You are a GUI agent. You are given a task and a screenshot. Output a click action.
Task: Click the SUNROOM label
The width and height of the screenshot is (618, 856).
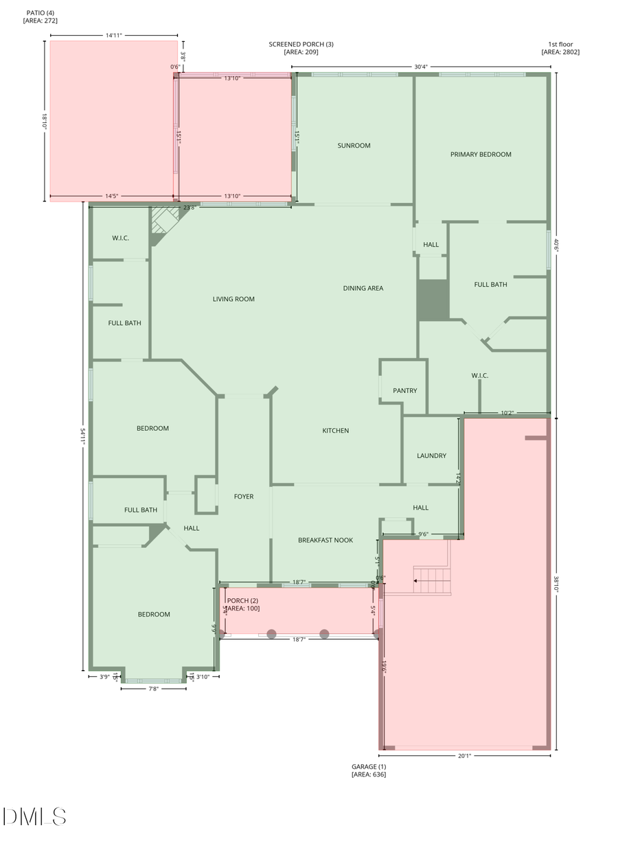(354, 145)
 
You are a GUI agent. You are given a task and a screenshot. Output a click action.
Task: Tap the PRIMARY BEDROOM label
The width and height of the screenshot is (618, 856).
(481, 154)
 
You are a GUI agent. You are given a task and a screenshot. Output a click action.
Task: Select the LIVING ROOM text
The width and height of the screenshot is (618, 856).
(233, 299)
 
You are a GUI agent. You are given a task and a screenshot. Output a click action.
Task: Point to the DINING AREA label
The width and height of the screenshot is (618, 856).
(363, 288)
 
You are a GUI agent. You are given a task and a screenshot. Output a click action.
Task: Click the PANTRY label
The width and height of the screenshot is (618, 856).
(405, 391)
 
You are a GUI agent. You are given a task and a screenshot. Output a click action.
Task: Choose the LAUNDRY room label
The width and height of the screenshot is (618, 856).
(431, 455)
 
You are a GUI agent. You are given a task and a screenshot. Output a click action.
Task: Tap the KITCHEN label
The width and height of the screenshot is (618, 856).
(336, 431)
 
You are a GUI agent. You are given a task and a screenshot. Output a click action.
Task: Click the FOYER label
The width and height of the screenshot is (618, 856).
(244, 497)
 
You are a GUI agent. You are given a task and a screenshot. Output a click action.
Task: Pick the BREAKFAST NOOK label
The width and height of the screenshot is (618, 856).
(325, 540)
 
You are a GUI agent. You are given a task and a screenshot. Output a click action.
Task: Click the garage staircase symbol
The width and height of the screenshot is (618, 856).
(432, 581)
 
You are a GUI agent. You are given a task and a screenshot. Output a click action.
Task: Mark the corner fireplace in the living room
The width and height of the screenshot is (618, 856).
(165, 221)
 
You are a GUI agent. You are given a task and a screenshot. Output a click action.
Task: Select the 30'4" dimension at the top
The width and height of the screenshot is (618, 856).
(421, 67)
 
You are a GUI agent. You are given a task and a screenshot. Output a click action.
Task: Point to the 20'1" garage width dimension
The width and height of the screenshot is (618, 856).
(464, 756)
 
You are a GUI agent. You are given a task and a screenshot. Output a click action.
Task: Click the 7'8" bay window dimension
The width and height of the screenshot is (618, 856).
(153, 689)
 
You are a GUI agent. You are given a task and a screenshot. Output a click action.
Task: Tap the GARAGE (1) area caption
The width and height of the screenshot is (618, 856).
(369, 770)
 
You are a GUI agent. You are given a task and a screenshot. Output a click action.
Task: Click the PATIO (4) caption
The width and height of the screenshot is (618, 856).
(41, 17)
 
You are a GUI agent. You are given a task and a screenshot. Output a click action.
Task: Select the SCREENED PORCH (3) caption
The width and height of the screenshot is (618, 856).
(301, 48)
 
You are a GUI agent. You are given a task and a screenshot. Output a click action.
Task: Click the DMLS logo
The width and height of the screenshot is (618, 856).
(34, 816)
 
